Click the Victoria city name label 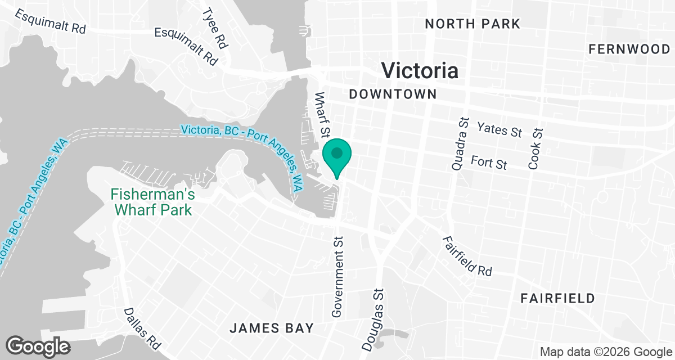click(x=420, y=70)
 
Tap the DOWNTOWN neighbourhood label click(x=393, y=94)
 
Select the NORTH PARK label click(x=472, y=24)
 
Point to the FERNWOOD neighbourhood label click(x=629, y=49)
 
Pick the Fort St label click(x=489, y=163)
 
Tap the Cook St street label click(x=536, y=149)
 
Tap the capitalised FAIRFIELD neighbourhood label click(x=557, y=298)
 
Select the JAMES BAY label click(x=271, y=328)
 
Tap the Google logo click(x=38, y=346)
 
